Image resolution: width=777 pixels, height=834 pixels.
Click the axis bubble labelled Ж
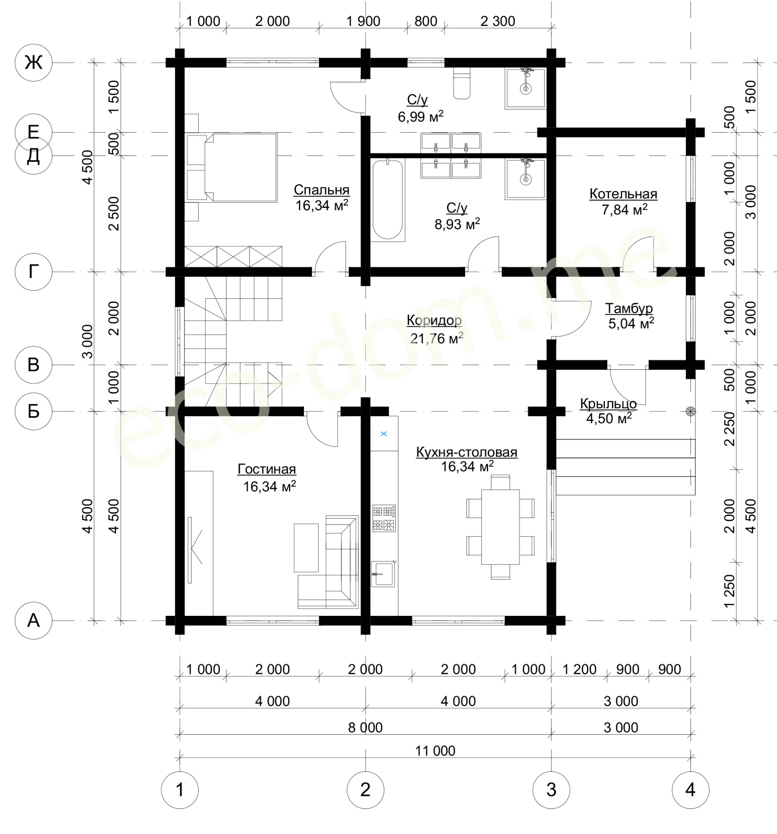tap(34, 62)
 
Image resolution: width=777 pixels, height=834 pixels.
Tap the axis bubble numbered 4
tap(690, 789)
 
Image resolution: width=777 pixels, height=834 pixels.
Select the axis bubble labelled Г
tap(34, 272)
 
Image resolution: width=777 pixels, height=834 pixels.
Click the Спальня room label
tap(321, 190)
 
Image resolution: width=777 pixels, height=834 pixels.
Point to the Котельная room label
tap(623, 194)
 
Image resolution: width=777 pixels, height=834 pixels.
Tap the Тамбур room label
tap(629, 308)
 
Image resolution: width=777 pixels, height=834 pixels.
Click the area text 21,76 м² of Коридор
tap(437, 338)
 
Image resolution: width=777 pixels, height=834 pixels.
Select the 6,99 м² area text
tap(420, 117)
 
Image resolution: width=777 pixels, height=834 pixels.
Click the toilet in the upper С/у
tap(462, 84)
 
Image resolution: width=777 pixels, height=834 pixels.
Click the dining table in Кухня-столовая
tap(500, 527)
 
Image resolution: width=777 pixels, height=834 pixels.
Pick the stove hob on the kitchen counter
tap(384, 519)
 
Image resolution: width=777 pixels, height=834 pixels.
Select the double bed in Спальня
tap(232, 167)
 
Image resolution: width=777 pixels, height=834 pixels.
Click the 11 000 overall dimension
tap(435, 751)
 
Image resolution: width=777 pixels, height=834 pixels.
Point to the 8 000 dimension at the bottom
tap(365, 727)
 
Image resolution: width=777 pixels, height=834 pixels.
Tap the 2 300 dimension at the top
tap(497, 21)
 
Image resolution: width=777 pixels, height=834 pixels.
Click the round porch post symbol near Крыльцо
tap(690, 411)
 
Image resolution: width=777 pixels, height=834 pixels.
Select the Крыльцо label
tap(608, 404)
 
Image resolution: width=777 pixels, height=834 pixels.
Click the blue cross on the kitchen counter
tap(383, 434)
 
